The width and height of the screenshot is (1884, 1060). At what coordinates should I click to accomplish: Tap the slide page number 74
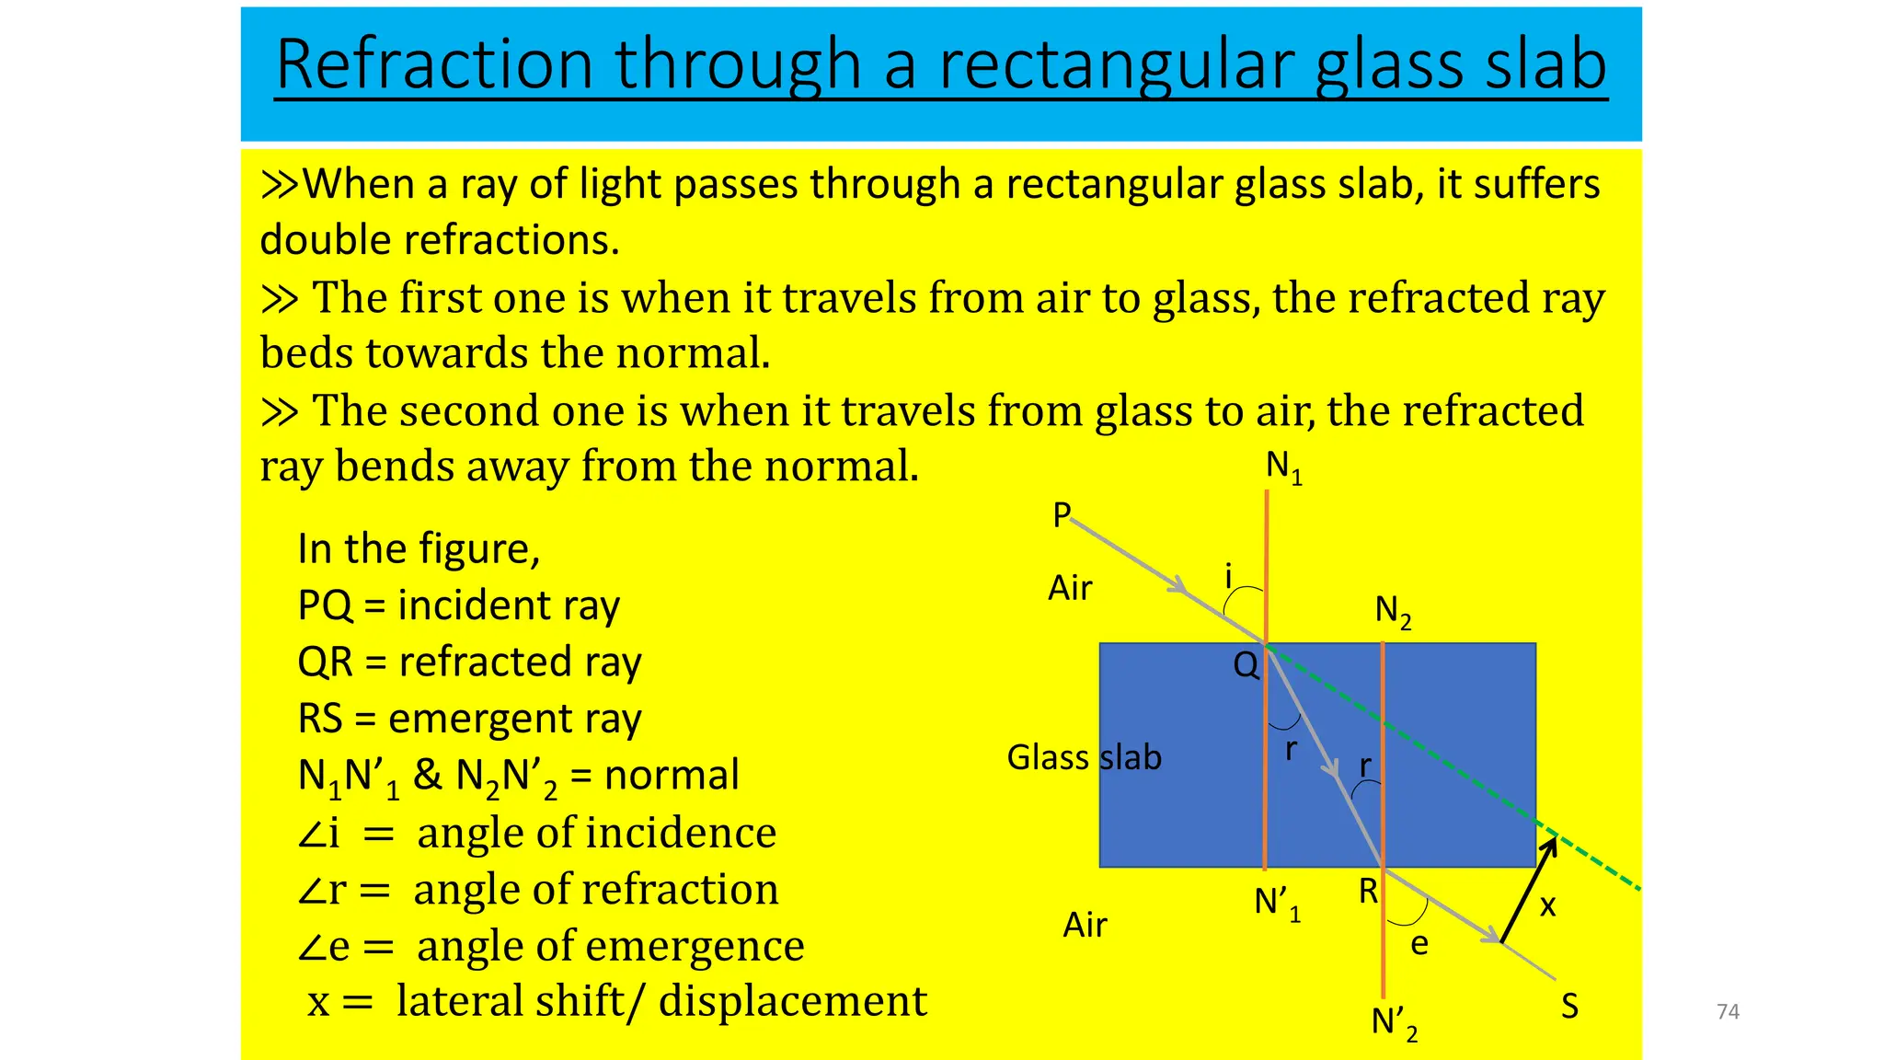point(1728,1012)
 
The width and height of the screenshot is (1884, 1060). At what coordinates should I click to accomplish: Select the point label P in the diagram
point(1062,514)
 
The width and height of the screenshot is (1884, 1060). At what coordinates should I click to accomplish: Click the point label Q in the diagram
point(1246,664)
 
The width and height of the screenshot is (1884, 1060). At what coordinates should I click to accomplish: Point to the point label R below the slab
point(1368,891)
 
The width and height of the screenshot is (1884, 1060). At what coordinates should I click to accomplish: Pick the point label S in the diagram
point(1569,1007)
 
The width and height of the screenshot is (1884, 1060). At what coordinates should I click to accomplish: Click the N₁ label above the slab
point(1283,467)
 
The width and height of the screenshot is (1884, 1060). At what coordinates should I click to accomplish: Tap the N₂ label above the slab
point(1393,611)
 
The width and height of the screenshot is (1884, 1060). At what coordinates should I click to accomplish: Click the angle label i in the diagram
point(1228,577)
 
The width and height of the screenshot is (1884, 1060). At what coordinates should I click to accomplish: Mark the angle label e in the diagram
point(1419,944)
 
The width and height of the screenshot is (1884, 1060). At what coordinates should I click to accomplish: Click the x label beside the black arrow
point(1548,906)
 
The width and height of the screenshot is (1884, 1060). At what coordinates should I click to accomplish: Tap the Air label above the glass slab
point(1070,588)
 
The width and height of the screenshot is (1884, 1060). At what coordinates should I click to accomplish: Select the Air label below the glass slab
point(1085,925)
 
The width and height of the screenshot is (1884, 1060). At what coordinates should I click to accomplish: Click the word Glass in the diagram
point(1048,757)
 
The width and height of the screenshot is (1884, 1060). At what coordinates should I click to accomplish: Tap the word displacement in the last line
point(793,1001)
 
